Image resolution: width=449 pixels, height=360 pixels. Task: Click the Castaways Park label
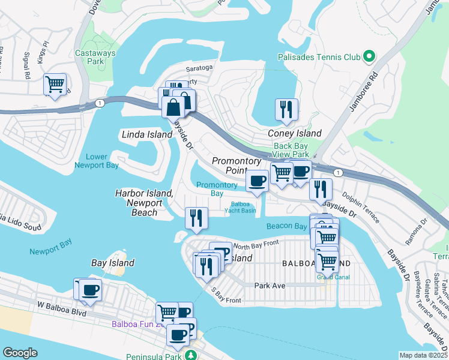tap(92, 58)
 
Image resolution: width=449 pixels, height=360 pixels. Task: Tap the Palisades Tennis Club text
tap(319, 58)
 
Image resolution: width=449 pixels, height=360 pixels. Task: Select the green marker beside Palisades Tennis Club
tap(369, 58)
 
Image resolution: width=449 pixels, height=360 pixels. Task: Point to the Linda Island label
tap(147, 134)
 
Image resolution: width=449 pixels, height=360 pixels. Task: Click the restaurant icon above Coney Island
tap(286, 110)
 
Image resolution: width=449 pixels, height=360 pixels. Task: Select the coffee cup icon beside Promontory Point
tap(258, 181)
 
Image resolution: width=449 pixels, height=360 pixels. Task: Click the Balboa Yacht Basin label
tap(240, 207)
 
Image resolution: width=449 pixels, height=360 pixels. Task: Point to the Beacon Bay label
tap(288, 226)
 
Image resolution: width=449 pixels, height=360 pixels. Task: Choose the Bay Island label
tap(112, 263)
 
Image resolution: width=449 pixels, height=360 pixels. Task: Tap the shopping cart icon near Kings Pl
tap(55, 85)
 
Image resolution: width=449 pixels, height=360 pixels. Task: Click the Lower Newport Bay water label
tap(96, 161)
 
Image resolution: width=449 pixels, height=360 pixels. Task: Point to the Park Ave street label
tap(270, 286)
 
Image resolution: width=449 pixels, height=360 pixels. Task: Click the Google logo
tap(20, 353)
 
